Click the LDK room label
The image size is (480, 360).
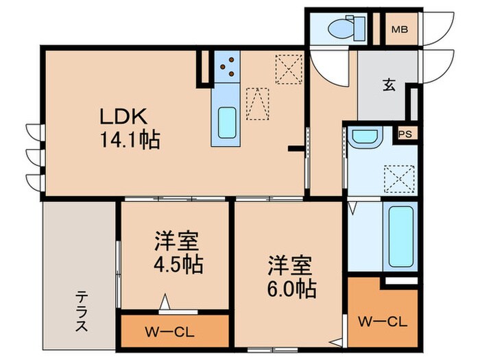pos(129,115)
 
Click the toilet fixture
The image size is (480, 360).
pos(341,28)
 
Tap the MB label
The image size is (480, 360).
pos(400,29)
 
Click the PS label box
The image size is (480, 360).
pos(405,134)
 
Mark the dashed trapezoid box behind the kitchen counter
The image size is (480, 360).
pos(257,103)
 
